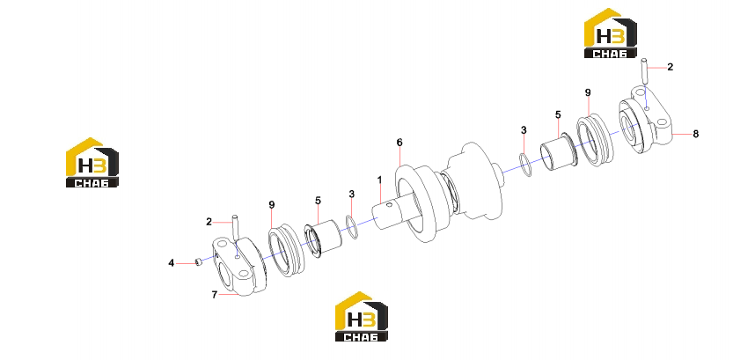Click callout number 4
pos(171,264)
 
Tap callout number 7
pos(215,295)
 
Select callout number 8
pos(695,134)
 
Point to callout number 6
pos(399,142)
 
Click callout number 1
pos(379,180)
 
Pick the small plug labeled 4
pos(199,263)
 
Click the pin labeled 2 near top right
pos(645,71)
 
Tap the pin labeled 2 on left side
pos(236,226)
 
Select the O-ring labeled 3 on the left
pos(352,227)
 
